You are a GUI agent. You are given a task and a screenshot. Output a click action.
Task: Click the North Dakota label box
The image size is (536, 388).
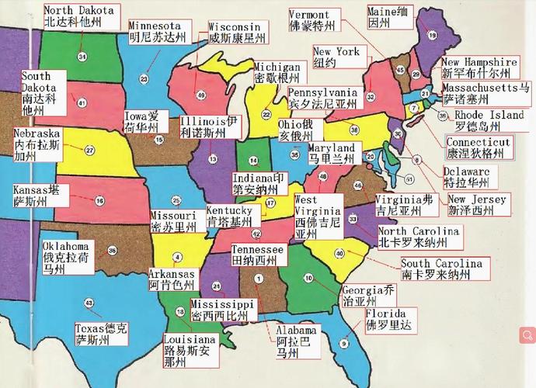tap(81, 17)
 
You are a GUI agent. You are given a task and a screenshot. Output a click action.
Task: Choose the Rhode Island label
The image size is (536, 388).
tap(489, 121)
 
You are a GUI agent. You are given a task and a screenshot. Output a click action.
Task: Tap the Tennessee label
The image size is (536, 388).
tap(258, 256)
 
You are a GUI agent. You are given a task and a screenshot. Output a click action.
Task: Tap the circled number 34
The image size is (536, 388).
tap(82, 57)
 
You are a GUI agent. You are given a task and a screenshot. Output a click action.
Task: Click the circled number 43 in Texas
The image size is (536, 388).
tap(89, 302)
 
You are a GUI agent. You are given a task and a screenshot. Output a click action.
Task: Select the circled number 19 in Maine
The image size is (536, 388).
tap(431, 35)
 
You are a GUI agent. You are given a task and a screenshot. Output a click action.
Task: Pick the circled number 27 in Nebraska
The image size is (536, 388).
tap(89, 151)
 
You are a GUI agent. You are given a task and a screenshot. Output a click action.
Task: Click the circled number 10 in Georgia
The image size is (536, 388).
tap(308, 278)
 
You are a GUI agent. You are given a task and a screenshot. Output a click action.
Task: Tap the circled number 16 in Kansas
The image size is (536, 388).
tap(99, 200)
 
